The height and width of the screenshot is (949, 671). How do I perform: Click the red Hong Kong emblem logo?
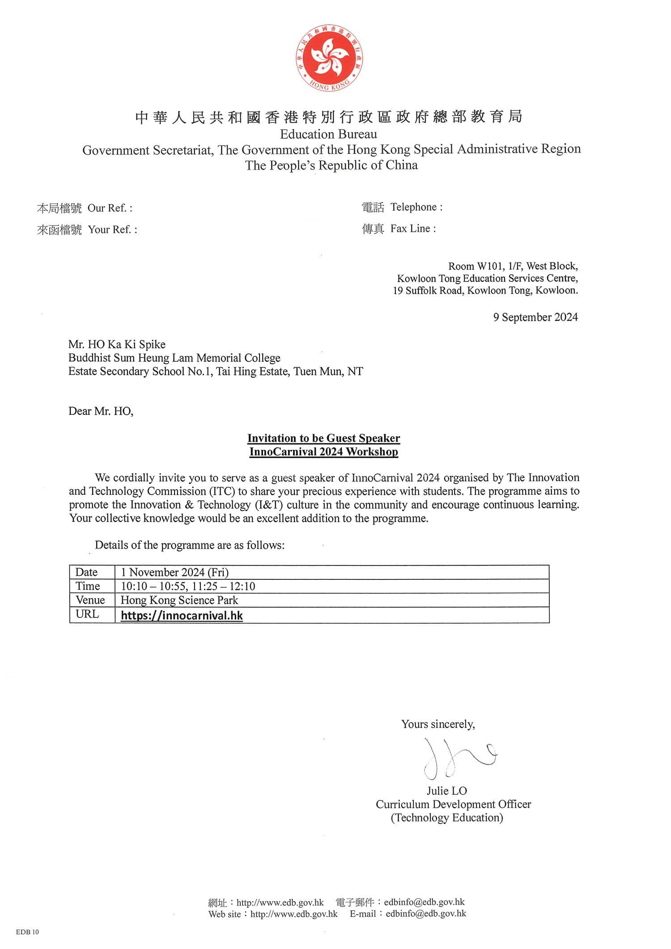tap(329, 58)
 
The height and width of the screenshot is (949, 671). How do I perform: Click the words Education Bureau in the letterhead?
tap(328, 134)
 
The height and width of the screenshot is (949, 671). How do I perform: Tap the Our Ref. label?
tap(110, 208)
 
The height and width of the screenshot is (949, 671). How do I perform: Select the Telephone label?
tap(416, 207)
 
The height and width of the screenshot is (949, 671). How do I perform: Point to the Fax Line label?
tap(413, 229)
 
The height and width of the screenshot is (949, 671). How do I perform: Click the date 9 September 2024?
tap(535, 317)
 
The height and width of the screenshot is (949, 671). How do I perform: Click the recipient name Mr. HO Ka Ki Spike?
tap(117, 344)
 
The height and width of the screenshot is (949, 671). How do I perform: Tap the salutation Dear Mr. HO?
tap(101, 411)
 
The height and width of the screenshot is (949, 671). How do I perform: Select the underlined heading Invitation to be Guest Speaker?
tap(323, 438)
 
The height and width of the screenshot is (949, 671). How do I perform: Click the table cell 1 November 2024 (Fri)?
tap(174, 572)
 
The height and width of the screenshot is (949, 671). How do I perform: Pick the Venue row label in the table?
tap(90, 600)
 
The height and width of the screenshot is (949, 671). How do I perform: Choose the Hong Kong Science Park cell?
tap(179, 600)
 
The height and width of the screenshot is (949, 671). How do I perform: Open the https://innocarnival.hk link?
tap(182, 616)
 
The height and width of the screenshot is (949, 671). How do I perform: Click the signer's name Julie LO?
tap(446, 791)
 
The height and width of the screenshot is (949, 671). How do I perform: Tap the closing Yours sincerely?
tap(437, 724)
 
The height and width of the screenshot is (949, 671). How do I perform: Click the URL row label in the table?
tap(87, 614)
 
